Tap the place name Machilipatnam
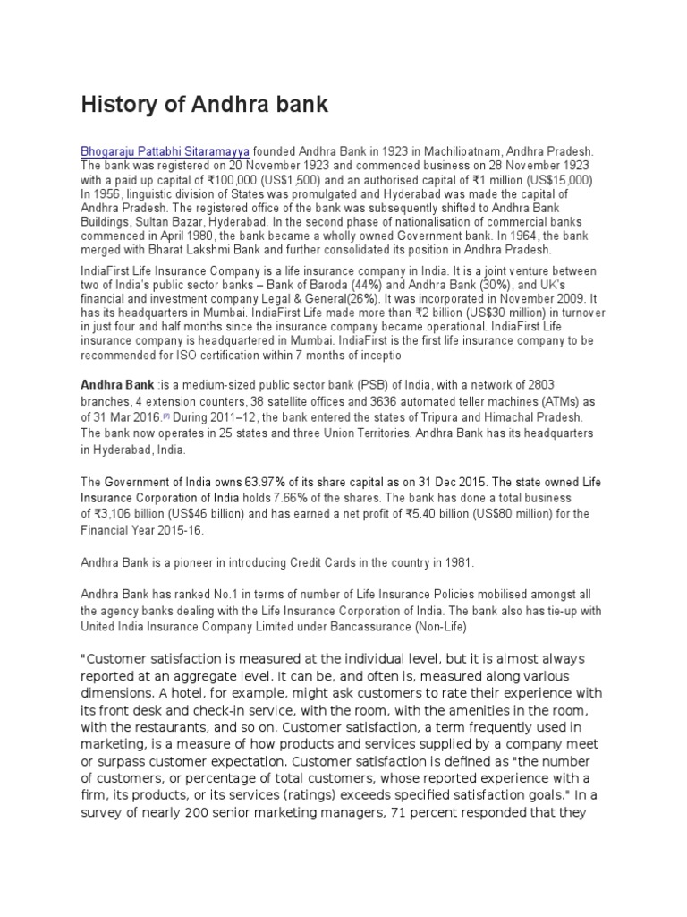tap(467, 152)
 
